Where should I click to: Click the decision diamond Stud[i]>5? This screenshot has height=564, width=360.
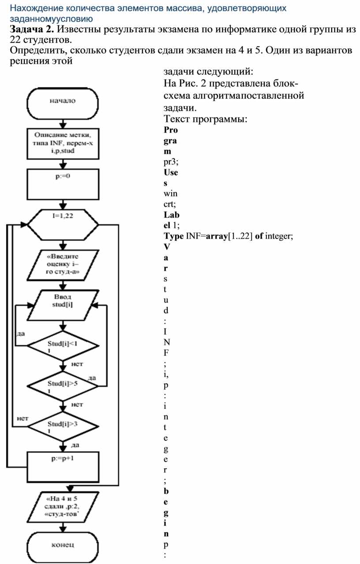click(x=62, y=385)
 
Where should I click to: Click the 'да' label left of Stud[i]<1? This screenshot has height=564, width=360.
click(x=20, y=333)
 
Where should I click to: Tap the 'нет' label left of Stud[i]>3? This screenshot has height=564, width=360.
click(x=22, y=417)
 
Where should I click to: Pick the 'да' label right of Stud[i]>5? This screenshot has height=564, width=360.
click(x=92, y=378)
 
